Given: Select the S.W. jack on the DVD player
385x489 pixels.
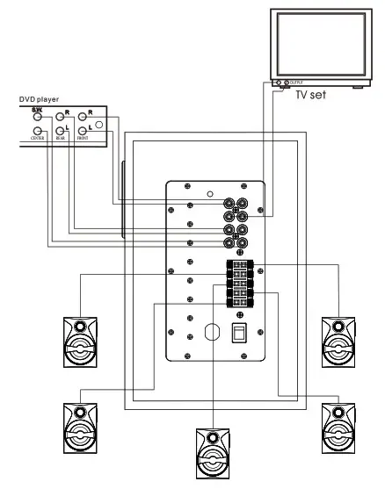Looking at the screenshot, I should tap(37, 116).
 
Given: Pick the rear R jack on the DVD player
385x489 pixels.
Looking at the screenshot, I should tap(61, 116).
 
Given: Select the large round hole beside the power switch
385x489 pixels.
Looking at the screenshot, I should tap(210, 334).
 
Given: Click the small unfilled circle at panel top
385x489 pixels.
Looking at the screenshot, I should tap(208, 193).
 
